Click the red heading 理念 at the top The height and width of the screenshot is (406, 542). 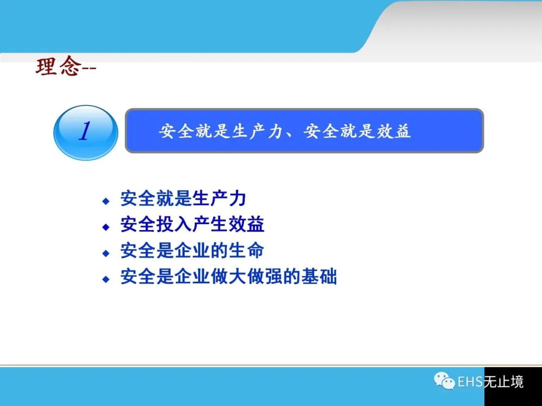coord(59,66)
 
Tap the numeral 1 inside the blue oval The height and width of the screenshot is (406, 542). coord(85,131)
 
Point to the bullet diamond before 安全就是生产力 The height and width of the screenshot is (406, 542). coord(106,201)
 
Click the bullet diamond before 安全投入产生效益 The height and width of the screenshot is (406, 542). coord(106,227)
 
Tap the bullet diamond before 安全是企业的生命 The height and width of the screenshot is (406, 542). coord(106,253)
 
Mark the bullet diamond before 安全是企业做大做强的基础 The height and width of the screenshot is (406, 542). coord(106,279)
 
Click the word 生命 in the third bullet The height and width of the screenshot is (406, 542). coord(246,250)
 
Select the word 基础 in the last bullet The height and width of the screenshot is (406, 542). coord(319,277)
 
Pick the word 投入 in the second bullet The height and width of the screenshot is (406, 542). coord(174,225)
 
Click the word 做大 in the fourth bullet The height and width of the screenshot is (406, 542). coord(228,277)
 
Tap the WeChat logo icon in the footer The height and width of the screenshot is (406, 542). coord(445,381)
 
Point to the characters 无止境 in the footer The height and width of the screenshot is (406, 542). coord(504,381)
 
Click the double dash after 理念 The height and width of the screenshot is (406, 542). coord(89,68)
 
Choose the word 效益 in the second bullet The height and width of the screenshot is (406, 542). coord(246,225)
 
